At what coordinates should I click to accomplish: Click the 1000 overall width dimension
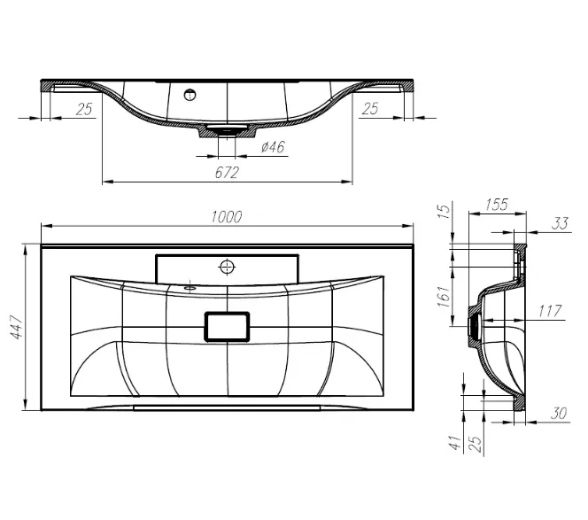pyautogui.click(x=227, y=217)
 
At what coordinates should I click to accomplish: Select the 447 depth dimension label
pyautogui.click(x=17, y=327)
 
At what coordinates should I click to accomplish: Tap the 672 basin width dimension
pyautogui.click(x=227, y=173)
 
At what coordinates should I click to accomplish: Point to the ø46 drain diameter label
pyautogui.click(x=273, y=147)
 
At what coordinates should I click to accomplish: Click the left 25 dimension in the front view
pyautogui.click(x=84, y=109)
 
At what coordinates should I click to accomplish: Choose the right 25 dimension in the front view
pyautogui.click(x=370, y=109)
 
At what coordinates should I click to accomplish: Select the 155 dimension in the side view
pyautogui.click(x=497, y=205)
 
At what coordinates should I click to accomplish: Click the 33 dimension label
pyautogui.click(x=560, y=223)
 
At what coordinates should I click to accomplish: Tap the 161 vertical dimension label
pyautogui.click(x=444, y=297)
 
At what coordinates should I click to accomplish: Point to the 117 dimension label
pyautogui.click(x=550, y=311)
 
